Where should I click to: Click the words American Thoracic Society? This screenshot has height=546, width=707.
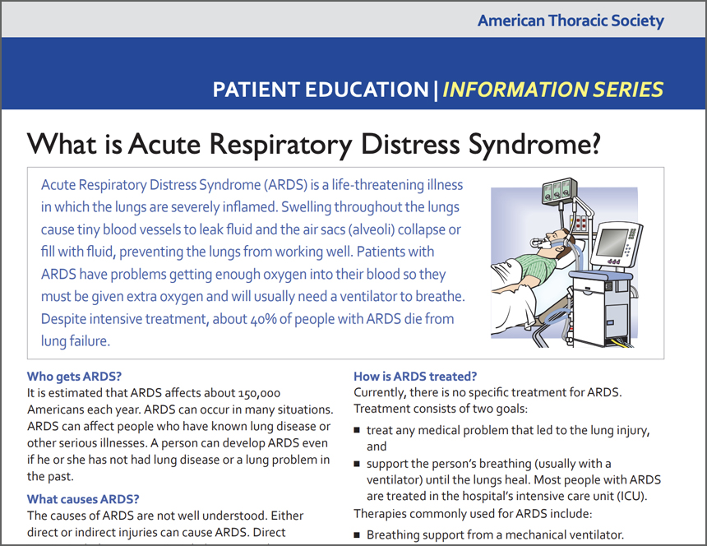pyautogui.click(x=571, y=21)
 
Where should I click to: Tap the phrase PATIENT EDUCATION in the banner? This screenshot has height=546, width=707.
pyautogui.click(x=320, y=90)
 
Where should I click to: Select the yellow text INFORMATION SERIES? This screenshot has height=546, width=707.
pyautogui.click(x=553, y=90)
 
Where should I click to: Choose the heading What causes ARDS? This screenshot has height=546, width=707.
pyautogui.click(x=83, y=498)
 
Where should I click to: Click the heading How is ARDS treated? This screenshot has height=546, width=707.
pyautogui.click(x=415, y=377)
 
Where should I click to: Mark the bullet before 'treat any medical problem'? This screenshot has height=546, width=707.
pyautogui.click(x=358, y=431)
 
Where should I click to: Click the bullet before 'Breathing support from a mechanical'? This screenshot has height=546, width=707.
pyautogui.click(x=358, y=535)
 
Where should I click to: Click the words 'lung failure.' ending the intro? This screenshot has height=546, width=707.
pyautogui.click(x=75, y=340)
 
